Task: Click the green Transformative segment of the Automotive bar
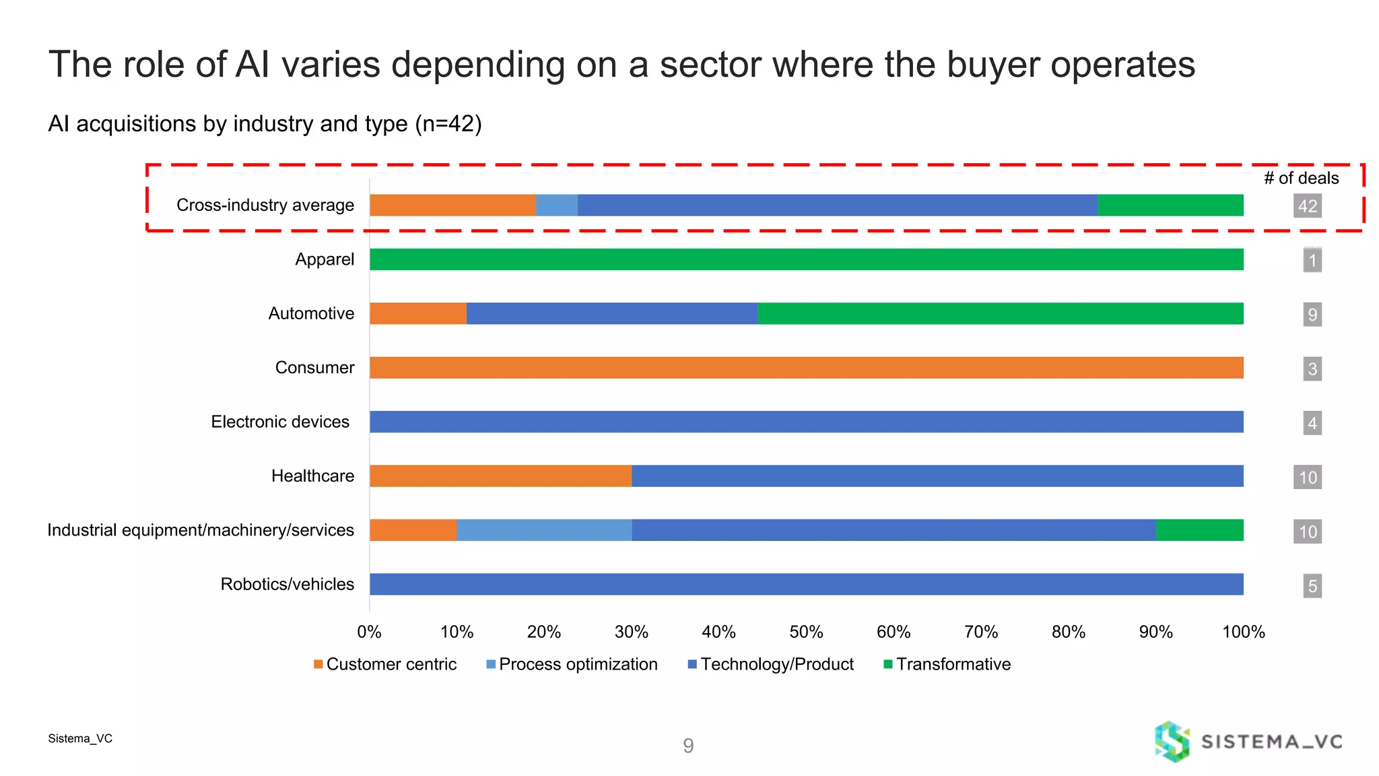pyautogui.click(x=1000, y=313)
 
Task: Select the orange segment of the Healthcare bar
pyautogui.click(x=500, y=476)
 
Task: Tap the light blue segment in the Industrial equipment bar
pyautogui.click(x=544, y=530)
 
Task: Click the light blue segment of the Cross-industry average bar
pyautogui.click(x=556, y=205)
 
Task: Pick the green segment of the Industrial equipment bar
pyautogui.click(x=1199, y=530)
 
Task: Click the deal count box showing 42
pyautogui.click(x=1307, y=206)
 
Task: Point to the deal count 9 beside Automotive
pyautogui.click(x=1312, y=315)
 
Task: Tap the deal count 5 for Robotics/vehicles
pyautogui.click(x=1312, y=586)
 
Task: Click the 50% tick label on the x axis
pyautogui.click(x=806, y=632)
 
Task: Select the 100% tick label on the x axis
pyautogui.click(x=1243, y=632)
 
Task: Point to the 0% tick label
pyautogui.click(x=369, y=632)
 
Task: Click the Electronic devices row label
pyautogui.click(x=280, y=422)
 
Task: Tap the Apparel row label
pyautogui.click(x=324, y=259)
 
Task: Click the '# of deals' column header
pyautogui.click(x=1301, y=178)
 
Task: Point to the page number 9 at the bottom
pyautogui.click(x=688, y=745)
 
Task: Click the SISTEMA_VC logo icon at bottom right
pyautogui.click(x=1172, y=742)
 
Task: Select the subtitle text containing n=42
pyautogui.click(x=265, y=124)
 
